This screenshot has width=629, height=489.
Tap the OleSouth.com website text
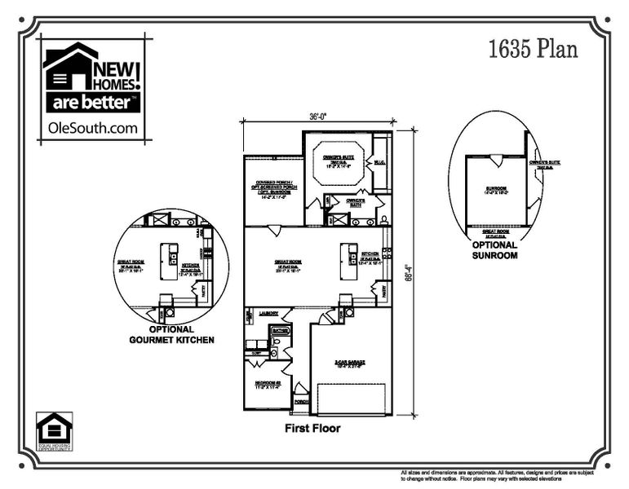tap(93, 127)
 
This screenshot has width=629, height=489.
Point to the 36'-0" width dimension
tap(318, 116)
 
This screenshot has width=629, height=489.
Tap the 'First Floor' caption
tap(312, 428)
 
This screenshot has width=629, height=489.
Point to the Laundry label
tap(269, 313)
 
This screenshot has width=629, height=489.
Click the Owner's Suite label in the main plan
tap(336, 161)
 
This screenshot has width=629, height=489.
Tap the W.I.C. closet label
tap(379, 162)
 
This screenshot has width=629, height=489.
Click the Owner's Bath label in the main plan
tap(354, 202)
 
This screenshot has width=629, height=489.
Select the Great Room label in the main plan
tap(289, 262)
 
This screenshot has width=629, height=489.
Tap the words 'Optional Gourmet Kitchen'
tap(171, 334)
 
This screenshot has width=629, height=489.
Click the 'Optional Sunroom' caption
tap(494, 249)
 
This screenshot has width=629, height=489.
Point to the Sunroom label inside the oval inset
tap(497, 189)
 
